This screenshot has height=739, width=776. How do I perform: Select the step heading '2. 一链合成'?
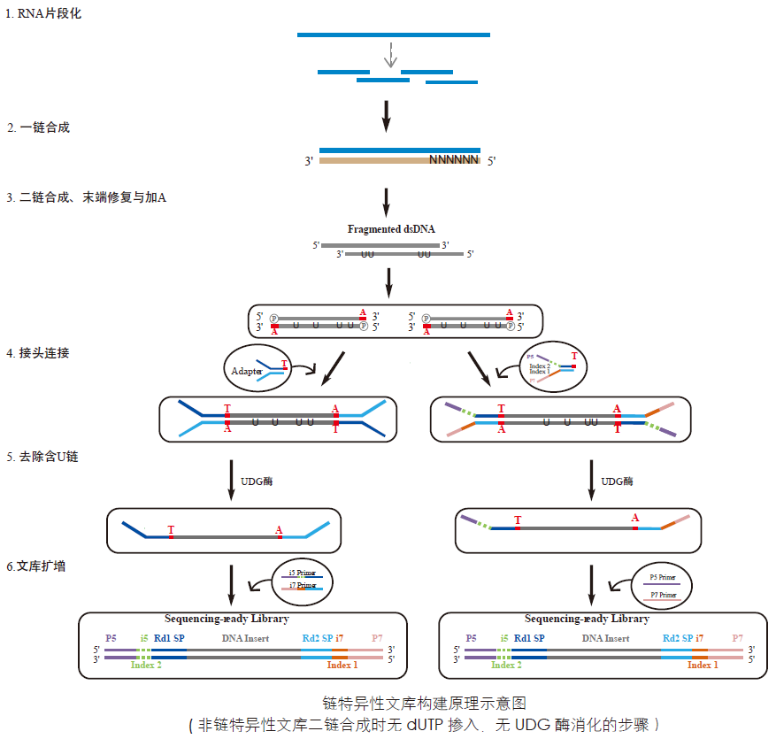pyautogui.click(x=40, y=127)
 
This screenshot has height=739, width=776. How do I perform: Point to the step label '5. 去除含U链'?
pyautogui.click(x=43, y=457)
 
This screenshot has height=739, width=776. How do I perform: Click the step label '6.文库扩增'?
pyautogui.click(x=36, y=566)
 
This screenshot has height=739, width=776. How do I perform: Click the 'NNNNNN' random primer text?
pyautogui.click(x=453, y=160)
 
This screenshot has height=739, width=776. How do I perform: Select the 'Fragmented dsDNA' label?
pyautogui.click(x=391, y=229)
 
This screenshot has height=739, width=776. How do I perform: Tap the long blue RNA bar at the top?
pyautogui.click(x=393, y=35)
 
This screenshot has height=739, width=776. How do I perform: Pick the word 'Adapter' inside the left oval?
pyautogui.click(x=247, y=372)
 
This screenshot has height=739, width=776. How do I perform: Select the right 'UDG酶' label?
pyautogui.click(x=618, y=481)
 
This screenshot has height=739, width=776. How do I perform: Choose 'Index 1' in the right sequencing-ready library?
pyautogui.click(x=703, y=665)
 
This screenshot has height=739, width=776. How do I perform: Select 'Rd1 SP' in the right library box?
pyautogui.click(x=529, y=638)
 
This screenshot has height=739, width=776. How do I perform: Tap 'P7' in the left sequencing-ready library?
pyautogui.click(x=377, y=638)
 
